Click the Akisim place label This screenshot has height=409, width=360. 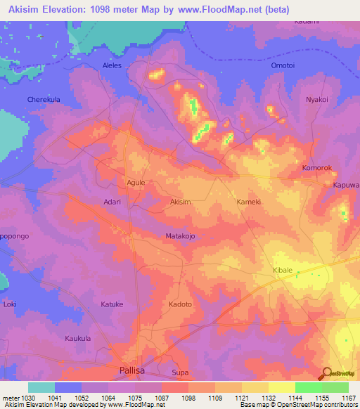[181, 202]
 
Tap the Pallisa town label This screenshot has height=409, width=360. [134, 370]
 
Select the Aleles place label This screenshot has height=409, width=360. [112, 65]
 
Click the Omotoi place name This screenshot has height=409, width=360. [285, 65]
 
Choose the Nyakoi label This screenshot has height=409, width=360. [316, 99]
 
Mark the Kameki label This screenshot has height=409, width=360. [250, 202]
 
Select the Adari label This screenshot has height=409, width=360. [112, 202]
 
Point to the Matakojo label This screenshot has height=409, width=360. [179, 236]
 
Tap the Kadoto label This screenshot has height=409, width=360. [180, 304]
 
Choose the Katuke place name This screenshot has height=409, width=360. [112, 304]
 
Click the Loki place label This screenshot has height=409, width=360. [10, 304]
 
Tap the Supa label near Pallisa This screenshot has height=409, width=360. [180, 372]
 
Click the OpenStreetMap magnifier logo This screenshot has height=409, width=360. [326, 372]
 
